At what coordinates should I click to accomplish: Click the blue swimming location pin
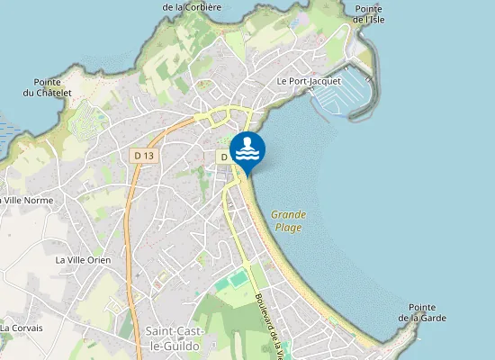[x=247, y=150]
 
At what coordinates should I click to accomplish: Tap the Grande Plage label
[x=289, y=220]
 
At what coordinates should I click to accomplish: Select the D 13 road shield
[x=144, y=156]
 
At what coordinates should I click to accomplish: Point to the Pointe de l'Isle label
[x=368, y=13]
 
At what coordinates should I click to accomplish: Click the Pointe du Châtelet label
[x=40, y=87]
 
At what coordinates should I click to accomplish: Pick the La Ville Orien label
[x=83, y=260]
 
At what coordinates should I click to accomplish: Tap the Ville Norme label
[x=27, y=200]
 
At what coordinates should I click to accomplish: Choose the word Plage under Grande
[x=289, y=228]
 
